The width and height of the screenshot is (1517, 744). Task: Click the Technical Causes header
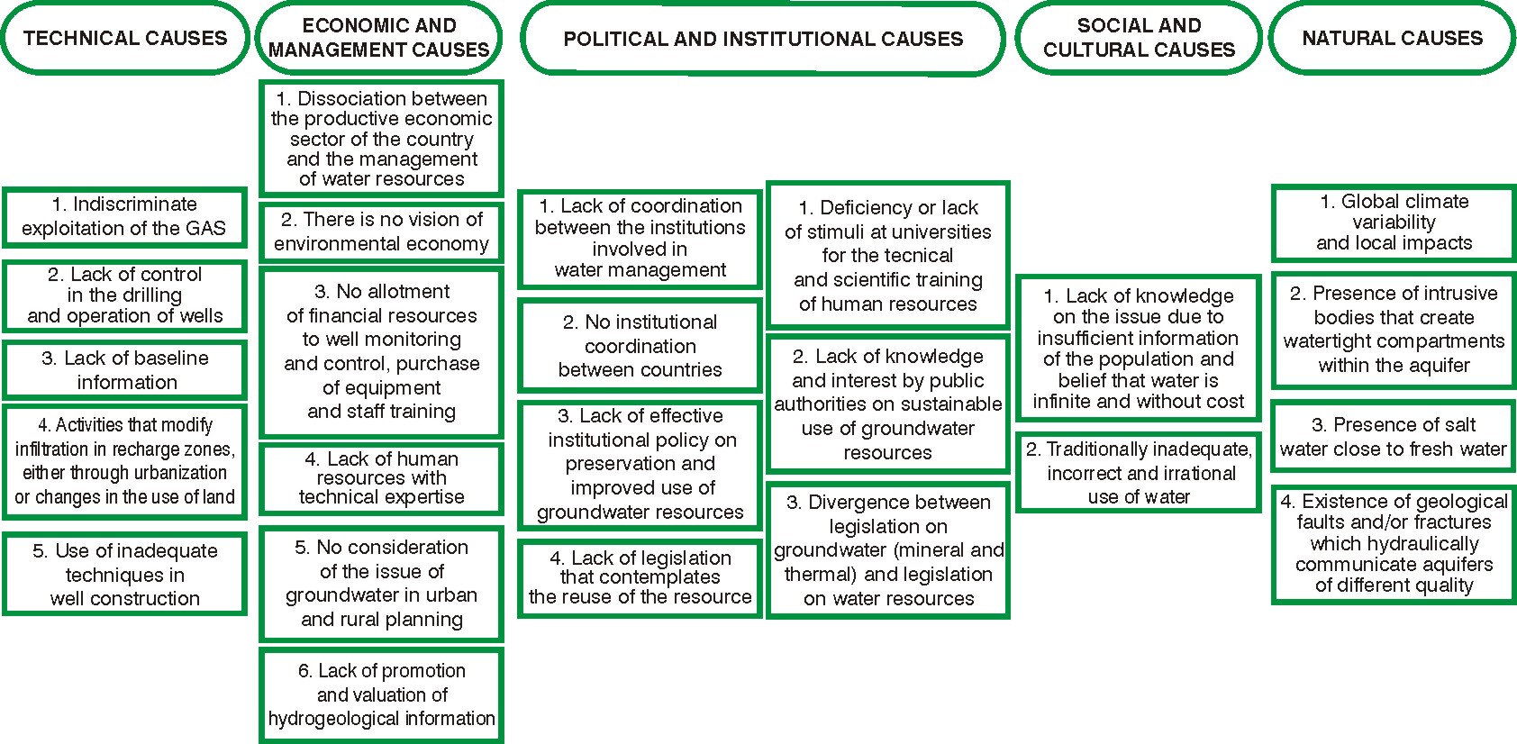[124, 39]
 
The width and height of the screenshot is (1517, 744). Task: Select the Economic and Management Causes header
[378, 39]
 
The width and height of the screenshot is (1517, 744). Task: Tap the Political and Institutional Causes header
[762, 39]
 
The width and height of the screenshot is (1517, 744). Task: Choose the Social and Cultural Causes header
[1139, 39]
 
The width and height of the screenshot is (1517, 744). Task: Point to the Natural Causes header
[1392, 39]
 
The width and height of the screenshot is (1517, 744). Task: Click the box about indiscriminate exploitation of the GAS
[124, 217]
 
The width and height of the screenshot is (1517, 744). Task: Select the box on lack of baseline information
[124, 370]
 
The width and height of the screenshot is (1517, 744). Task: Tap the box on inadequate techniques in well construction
[124, 575]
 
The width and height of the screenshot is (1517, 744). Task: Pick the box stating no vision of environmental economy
[381, 232]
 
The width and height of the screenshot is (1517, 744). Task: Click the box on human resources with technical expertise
[381, 478]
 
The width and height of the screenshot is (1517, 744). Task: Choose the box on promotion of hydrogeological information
[381, 694]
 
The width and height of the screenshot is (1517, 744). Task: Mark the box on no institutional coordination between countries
[640, 346]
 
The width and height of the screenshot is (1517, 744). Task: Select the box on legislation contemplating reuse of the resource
[640, 578]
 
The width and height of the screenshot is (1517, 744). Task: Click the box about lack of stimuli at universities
[887, 256]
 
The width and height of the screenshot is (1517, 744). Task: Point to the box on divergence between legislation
[887, 550]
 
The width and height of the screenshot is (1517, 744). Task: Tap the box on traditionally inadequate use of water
[1139, 473]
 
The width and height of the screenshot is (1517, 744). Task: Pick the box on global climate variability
[1394, 222]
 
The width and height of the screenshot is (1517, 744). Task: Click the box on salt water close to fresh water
[1394, 437]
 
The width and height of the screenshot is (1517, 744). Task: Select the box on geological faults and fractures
[1394, 544]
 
